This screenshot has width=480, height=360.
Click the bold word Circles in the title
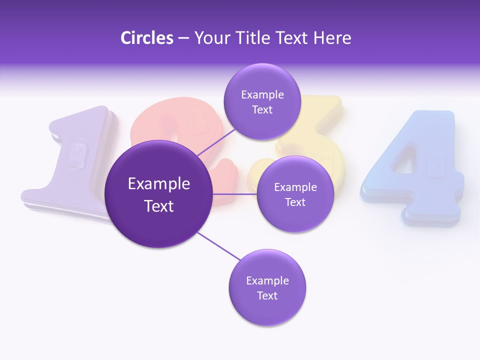(x=146, y=38)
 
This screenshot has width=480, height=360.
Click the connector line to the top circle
(x=216, y=141)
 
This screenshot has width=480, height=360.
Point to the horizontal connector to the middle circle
(x=235, y=194)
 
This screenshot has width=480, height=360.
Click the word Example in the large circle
(x=159, y=184)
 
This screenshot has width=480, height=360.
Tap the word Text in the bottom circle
(x=267, y=295)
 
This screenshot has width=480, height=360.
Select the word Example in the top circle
(x=262, y=94)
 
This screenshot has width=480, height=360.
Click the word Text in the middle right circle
(x=295, y=202)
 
